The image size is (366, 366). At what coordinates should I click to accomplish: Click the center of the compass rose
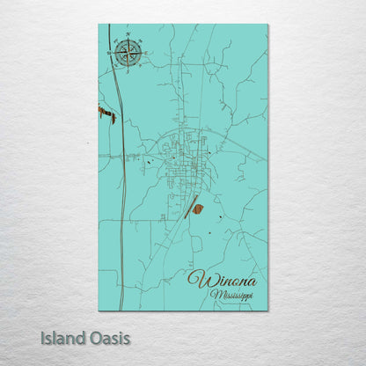pos(128,53)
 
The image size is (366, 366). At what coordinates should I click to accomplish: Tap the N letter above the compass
pos(128,36)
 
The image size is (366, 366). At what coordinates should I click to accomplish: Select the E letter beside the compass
pos(145,53)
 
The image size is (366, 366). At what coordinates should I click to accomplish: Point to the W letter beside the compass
pos(112,53)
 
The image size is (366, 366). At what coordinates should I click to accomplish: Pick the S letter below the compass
pos(128,70)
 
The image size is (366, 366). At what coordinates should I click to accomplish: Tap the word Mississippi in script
pos(231,296)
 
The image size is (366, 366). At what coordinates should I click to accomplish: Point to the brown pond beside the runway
pos(198,209)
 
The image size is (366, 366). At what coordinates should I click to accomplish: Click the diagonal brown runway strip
pos(188,207)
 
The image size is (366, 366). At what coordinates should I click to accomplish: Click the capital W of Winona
pos(195,281)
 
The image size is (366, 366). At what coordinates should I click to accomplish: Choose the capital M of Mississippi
pos(215,295)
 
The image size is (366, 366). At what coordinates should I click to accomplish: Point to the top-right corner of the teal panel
pos(267,25)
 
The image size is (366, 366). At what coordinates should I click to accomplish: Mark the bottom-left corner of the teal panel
pos(99,311)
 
